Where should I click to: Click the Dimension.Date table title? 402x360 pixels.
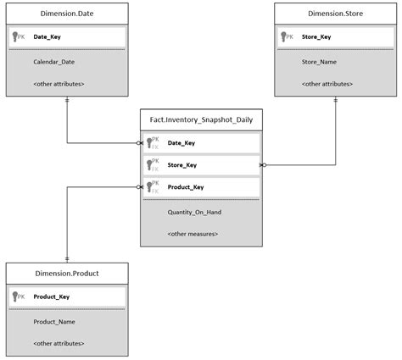tap(67, 14)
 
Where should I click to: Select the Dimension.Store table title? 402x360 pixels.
tap(336, 14)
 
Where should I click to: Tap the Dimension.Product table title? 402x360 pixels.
tap(67, 274)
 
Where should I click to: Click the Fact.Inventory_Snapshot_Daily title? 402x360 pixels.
tap(201, 120)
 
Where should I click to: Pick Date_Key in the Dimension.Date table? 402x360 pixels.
tap(47, 37)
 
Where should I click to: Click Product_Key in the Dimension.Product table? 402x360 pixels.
tap(52, 297)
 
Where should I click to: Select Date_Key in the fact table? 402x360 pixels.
tap(181, 144)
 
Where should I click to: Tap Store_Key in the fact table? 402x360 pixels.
tap(181, 165)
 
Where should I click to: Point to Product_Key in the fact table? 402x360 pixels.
tap(185, 187)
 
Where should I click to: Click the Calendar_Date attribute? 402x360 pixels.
tap(53, 62)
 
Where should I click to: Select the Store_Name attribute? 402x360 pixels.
tap(321, 62)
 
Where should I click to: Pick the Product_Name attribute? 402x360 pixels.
tap(55, 322)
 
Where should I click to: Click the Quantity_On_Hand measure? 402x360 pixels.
tap(194, 212)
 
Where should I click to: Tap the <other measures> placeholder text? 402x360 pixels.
tap(193, 234)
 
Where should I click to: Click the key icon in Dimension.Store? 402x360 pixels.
tap(284, 37)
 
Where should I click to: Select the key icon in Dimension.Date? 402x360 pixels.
tap(15, 37)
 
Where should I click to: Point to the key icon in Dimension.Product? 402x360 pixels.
tap(15, 297)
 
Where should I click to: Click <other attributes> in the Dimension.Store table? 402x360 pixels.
tap(327, 84)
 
